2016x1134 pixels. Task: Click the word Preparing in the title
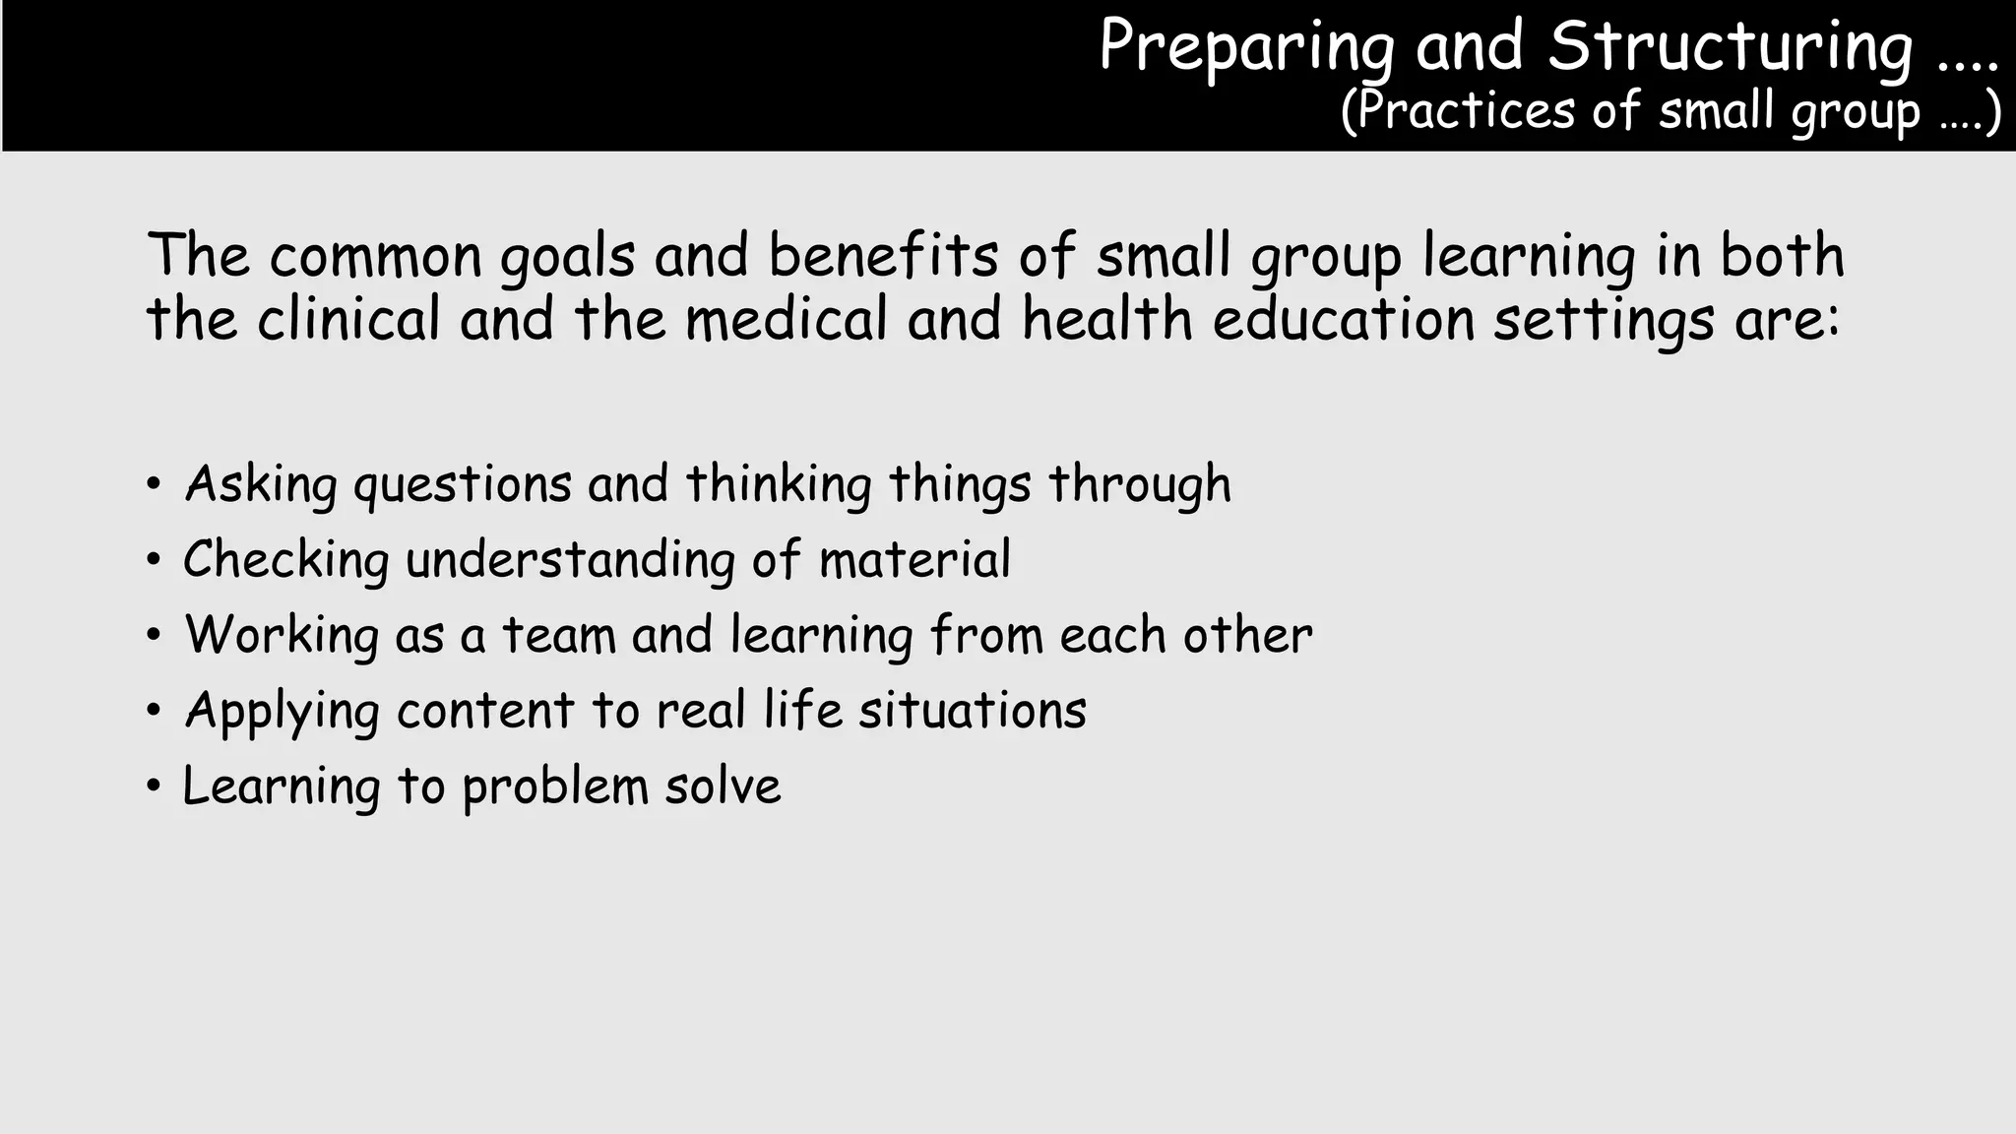pyautogui.click(x=1246, y=47)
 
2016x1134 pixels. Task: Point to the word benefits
pyautogui.click(x=883, y=256)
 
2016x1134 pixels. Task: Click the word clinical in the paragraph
pyautogui.click(x=348, y=320)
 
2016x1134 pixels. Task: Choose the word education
pyautogui.click(x=1343, y=320)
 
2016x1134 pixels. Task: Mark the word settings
pyautogui.click(x=1604, y=322)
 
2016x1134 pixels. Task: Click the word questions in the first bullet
pyautogui.click(x=462, y=485)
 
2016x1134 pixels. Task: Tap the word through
pyautogui.click(x=1139, y=485)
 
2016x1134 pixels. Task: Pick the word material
pyautogui.click(x=914, y=559)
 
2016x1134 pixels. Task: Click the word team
pyautogui.click(x=558, y=635)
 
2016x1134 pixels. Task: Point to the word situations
pyautogui.click(x=972, y=710)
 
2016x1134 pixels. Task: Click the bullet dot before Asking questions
pyautogui.click(x=153, y=484)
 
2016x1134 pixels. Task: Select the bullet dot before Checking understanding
pyautogui.click(x=153, y=560)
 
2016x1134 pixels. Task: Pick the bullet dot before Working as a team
pyautogui.click(x=153, y=636)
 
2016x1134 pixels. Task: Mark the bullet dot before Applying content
pyautogui.click(x=153, y=711)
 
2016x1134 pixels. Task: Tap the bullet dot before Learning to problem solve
pyautogui.click(x=153, y=787)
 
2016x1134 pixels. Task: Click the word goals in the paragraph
pyautogui.click(x=567, y=258)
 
